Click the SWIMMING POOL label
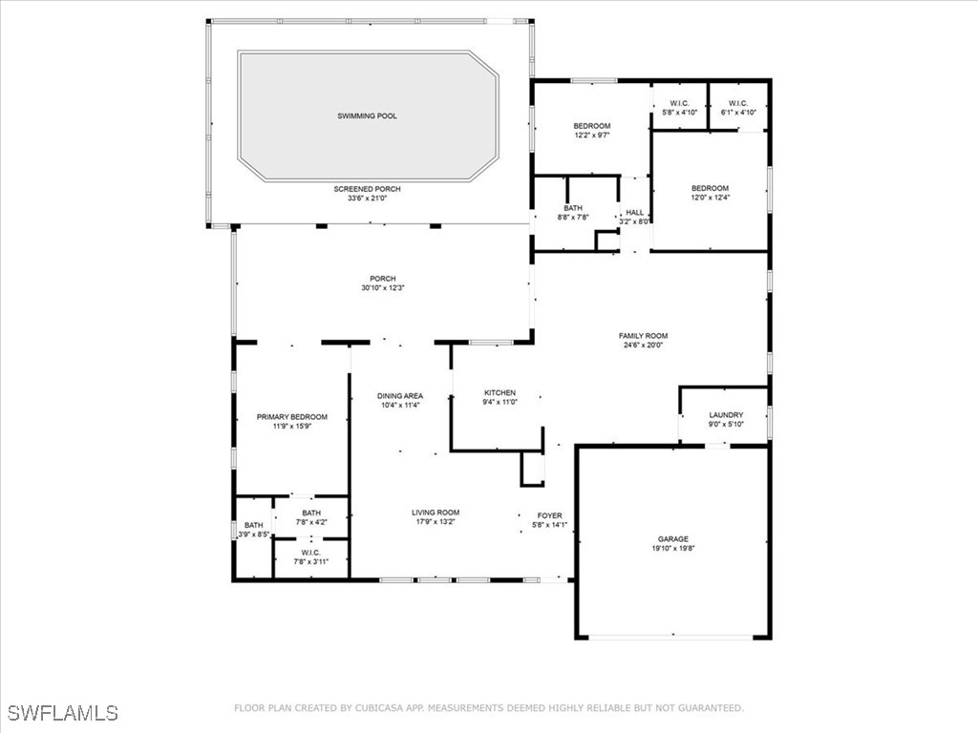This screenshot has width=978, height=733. click(368, 115)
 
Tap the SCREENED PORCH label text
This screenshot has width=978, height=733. click(368, 189)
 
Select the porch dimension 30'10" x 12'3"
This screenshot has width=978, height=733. click(383, 288)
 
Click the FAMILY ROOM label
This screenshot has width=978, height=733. click(643, 335)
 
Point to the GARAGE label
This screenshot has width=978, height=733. click(673, 539)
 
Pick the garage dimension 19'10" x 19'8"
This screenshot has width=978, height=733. click(673, 549)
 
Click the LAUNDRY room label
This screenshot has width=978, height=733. click(726, 415)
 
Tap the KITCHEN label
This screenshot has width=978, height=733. click(500, 392)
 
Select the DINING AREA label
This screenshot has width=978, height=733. click(400, 396)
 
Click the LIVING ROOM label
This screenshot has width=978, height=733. click(436, 513)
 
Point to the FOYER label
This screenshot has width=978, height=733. click(549, 515)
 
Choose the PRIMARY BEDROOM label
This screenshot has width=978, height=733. click(292, 417)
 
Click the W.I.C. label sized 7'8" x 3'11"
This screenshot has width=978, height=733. click(310, 553)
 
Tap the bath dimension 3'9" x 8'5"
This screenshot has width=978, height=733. click(254, 534)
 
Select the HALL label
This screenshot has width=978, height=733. click(635, 213)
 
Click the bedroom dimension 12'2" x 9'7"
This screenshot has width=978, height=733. click(592, 135)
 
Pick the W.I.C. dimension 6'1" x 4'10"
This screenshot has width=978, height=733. click(738, 113)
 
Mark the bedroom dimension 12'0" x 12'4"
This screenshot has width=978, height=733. click(710, 197)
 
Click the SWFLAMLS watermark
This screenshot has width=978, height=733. click(63, 713)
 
